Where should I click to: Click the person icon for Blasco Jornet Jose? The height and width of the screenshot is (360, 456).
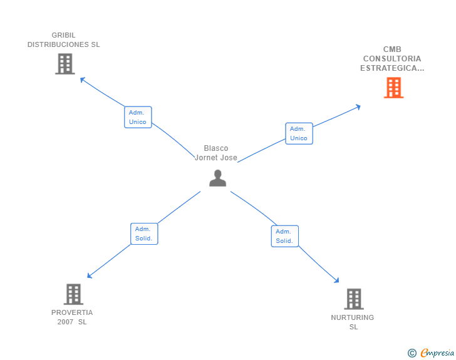click(217, 178)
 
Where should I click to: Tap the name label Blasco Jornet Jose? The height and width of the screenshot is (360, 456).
click(216, 153)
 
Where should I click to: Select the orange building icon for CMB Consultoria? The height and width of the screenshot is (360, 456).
click(393, 88)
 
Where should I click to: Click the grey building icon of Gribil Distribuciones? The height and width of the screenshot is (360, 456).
click(65, 64)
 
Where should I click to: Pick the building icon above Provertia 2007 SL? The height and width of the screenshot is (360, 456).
click(73, 294)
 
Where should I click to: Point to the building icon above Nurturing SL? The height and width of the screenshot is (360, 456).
click(354, 299)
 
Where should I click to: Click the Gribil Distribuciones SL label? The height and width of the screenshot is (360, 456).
click(64, 40)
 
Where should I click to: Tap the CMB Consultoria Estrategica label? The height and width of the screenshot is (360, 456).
click(392, 59)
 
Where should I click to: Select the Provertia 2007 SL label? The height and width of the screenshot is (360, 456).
click(72, 317)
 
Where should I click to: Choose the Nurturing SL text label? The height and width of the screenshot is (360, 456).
click(353, 322)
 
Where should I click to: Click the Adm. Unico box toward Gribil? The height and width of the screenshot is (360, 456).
click(138, 117)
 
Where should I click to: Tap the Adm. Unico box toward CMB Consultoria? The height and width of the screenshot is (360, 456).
click(299, 133)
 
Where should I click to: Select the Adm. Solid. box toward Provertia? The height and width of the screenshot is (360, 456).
click(144, 234)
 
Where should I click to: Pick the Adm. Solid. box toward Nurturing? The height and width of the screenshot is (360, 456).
click(284, 236)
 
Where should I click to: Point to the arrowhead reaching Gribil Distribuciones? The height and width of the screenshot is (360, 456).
click(81, 79)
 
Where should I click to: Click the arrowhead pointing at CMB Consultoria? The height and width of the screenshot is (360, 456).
click(358, 106)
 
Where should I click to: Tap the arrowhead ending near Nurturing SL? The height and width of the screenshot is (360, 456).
click(337, 281)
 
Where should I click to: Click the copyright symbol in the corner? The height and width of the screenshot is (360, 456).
click(412, 353)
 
